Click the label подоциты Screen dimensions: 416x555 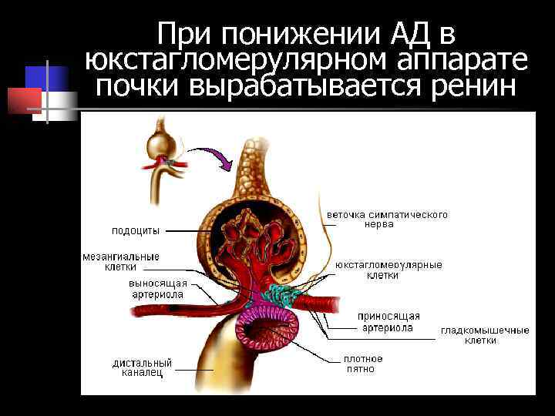click(x=136, y=230)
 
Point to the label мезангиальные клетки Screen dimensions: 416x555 click(x=121, y=261)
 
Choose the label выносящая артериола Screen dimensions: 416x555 click(x=157, y=289)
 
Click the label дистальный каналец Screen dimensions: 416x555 click(x=142, y=367)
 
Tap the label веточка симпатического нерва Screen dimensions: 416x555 click(x=387, y=219)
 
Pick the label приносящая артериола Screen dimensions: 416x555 click(x=388, y=321)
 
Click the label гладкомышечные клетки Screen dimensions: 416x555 click(x=485, y=335)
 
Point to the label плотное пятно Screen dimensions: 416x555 click(x=362, y=364)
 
